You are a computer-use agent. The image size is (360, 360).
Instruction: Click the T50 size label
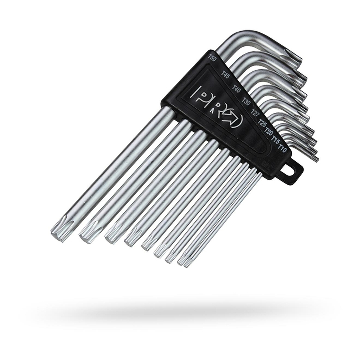pos(212,58)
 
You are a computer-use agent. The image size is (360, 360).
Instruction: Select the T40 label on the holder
pos(236,89)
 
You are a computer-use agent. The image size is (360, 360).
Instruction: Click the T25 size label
pos(262,123)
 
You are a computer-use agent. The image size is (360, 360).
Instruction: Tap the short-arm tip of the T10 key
pos(316,159)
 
